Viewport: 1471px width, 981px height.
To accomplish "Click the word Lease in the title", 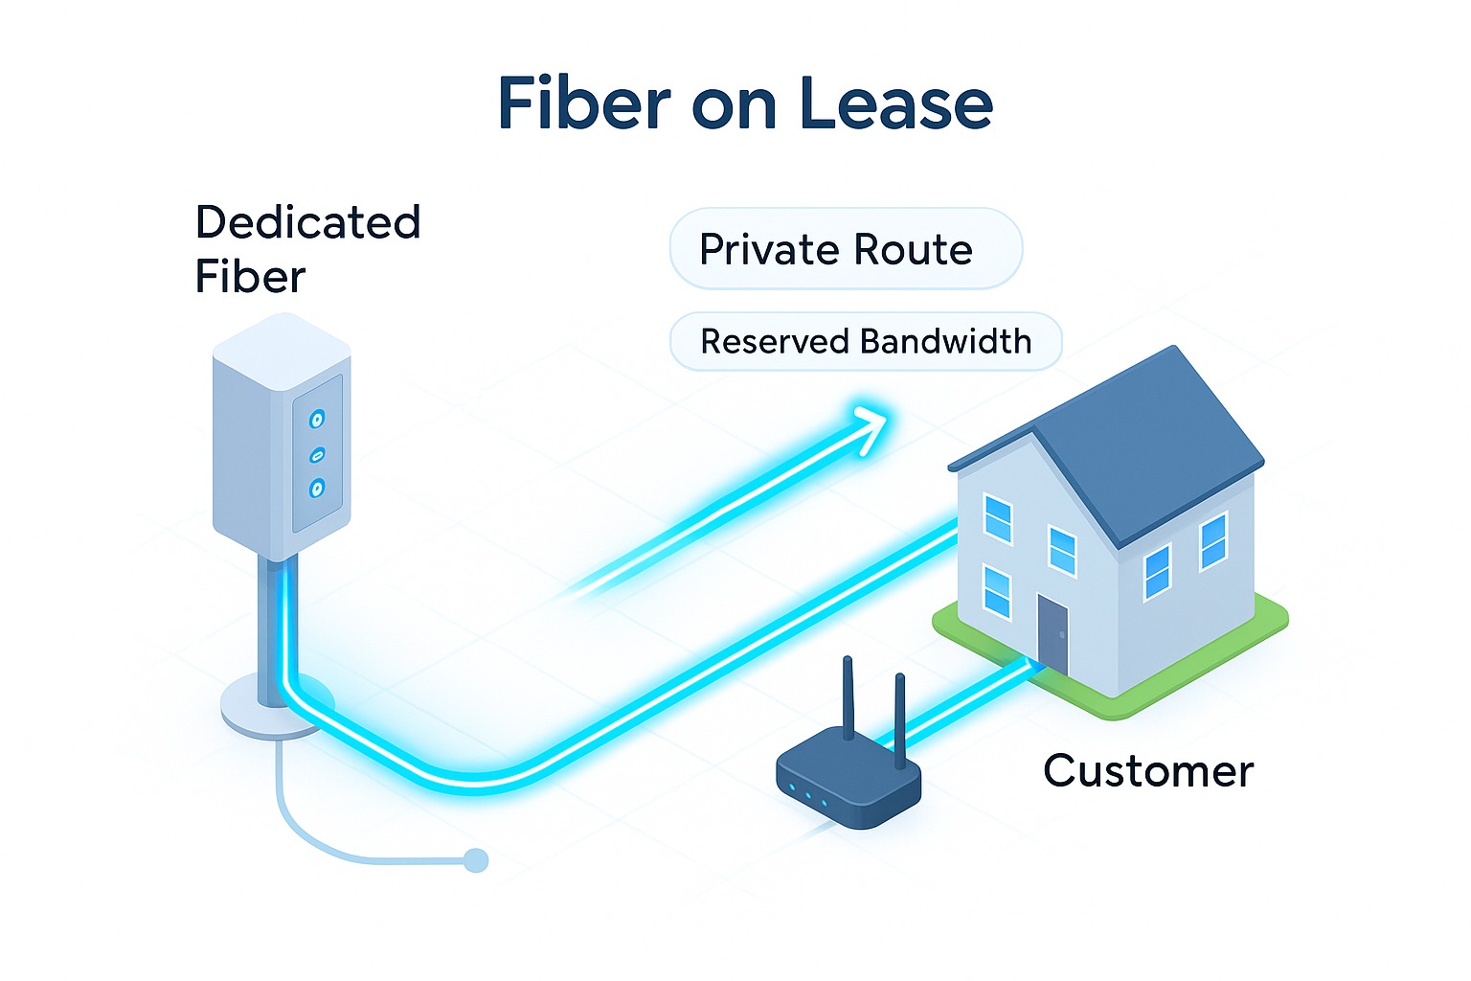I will tap(895, 103).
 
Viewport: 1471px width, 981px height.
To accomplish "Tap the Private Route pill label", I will tap(836, 250).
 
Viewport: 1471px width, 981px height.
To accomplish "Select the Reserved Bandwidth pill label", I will tap(866, 341).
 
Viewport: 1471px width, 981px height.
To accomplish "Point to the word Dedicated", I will tap(307, 222).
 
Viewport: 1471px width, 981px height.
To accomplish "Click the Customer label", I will tap(1148, 771).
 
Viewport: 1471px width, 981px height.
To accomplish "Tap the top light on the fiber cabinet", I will tap(317, 419).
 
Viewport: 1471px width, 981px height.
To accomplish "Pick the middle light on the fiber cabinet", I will tap(318, 454).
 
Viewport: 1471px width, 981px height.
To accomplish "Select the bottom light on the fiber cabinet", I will tap(317, 489).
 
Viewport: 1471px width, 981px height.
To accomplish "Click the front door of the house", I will tap(1052, 635).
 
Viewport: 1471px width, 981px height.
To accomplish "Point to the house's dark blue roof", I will tap(1149, 441).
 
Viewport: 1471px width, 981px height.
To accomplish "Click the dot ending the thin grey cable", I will tap(476, 860).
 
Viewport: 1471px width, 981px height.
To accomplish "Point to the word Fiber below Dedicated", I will tap(250, 278).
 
